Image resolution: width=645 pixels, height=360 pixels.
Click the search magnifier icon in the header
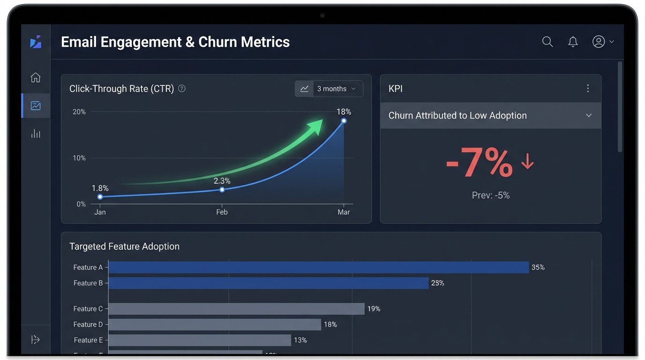pos(547,42)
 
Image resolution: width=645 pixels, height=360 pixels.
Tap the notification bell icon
pos(573,42)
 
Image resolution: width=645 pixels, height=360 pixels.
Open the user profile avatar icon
pos(599,42)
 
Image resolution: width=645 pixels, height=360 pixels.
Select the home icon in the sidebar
pos(36,78)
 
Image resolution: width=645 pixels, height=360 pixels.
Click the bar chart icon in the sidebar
pos(36,134)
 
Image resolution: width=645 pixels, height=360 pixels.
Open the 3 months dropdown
pos(329,89)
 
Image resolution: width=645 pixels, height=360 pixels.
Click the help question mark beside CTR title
pos(182,89)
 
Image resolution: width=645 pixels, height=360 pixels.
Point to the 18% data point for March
pos(344,121)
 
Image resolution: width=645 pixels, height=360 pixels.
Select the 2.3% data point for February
pos(222,189)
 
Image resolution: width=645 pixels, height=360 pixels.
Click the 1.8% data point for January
pos(100,197)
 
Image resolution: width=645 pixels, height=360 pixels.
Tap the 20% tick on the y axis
pos(79,112)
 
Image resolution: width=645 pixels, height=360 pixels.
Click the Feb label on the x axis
pos(222,212)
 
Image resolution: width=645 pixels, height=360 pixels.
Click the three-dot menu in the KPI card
pos(588,89)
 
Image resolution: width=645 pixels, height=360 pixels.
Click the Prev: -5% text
pos(490,195)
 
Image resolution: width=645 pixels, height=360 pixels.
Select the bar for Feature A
pos(319,268)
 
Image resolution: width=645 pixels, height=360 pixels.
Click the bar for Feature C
pos(236,309)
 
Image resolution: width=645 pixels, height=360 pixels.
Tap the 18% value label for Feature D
pos(330,324)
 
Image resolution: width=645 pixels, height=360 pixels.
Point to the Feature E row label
pos(88,340)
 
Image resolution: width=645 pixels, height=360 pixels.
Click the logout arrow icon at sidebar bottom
pos(36,340)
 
